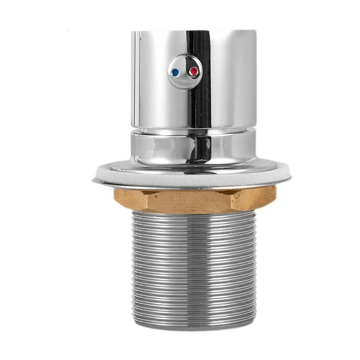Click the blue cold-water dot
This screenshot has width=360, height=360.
tap(176, 72)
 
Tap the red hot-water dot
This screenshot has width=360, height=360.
tap(194, 72)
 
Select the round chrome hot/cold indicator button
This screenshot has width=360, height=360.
tap(185, 71)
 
